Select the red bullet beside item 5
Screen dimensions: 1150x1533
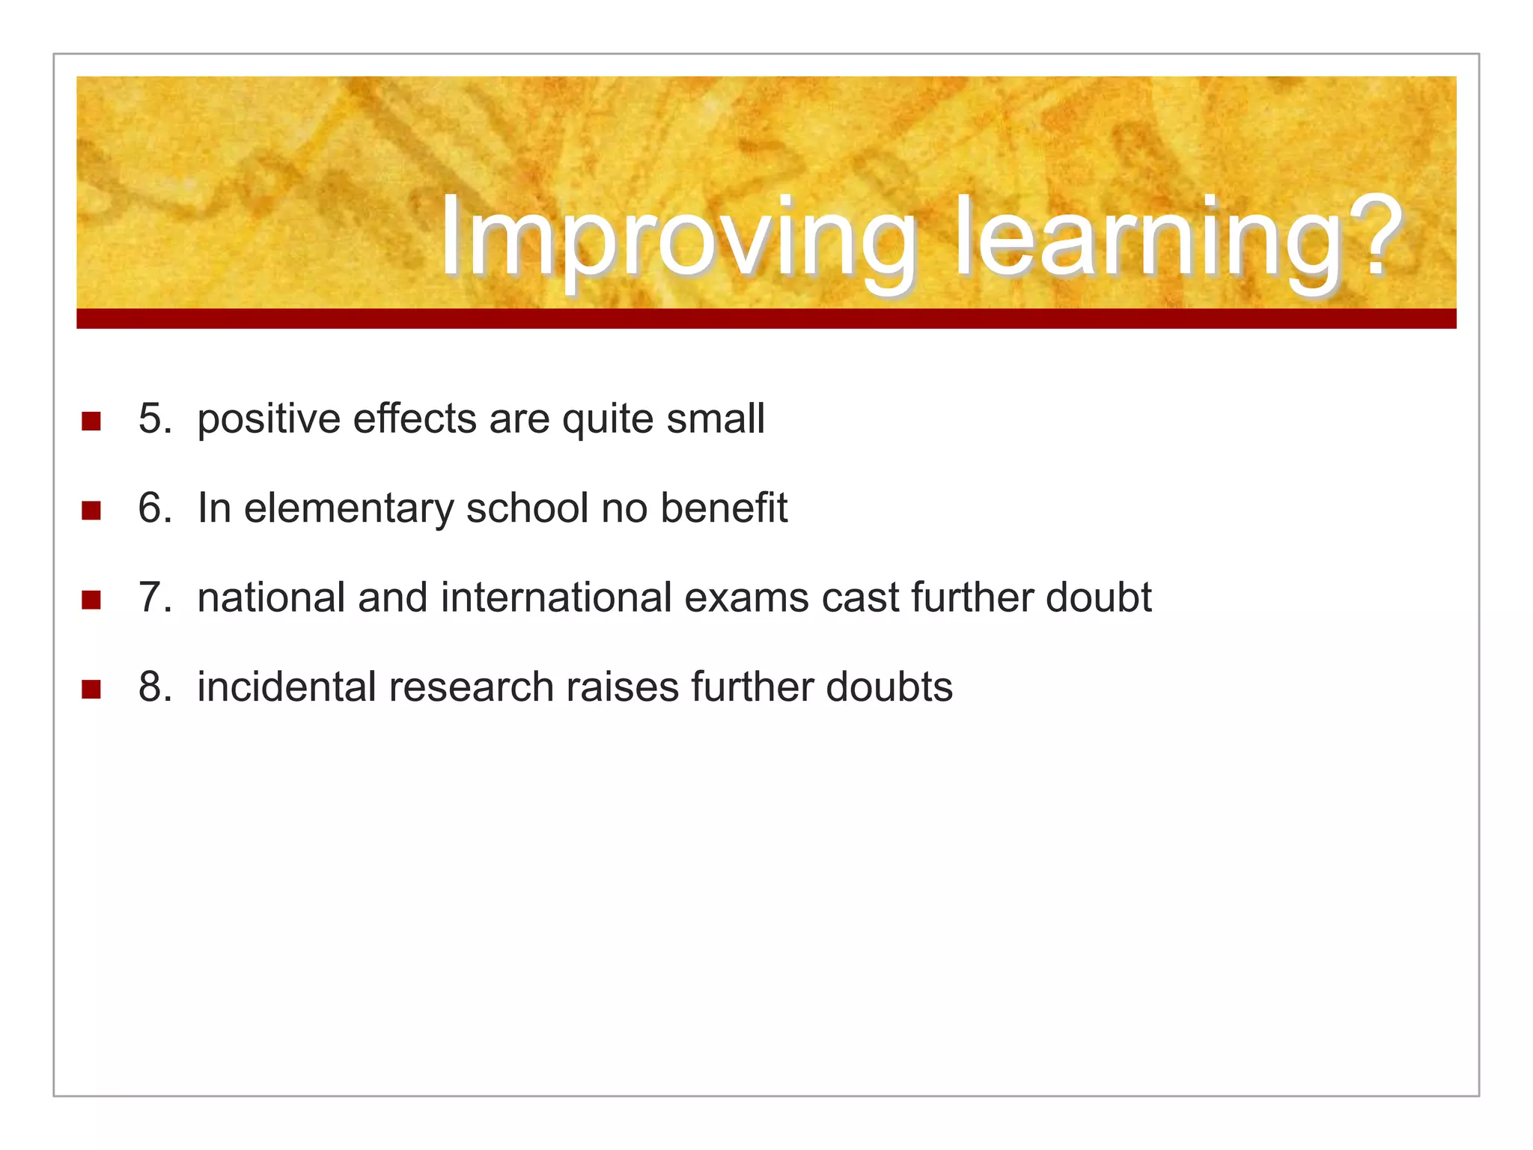click(x=91, y=421)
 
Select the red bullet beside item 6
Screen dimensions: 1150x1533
click(x=91, y=511)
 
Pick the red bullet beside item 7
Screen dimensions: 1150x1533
click(x=91, y=600)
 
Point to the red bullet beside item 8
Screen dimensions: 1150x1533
click(x=91, y=690)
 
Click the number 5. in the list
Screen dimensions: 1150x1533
click(x=155, y=419)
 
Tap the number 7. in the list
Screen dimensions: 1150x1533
click(x=155, y=597)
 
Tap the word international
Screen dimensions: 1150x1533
click(x=556, y=597)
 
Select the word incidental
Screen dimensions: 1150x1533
click(x=286, y=687)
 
